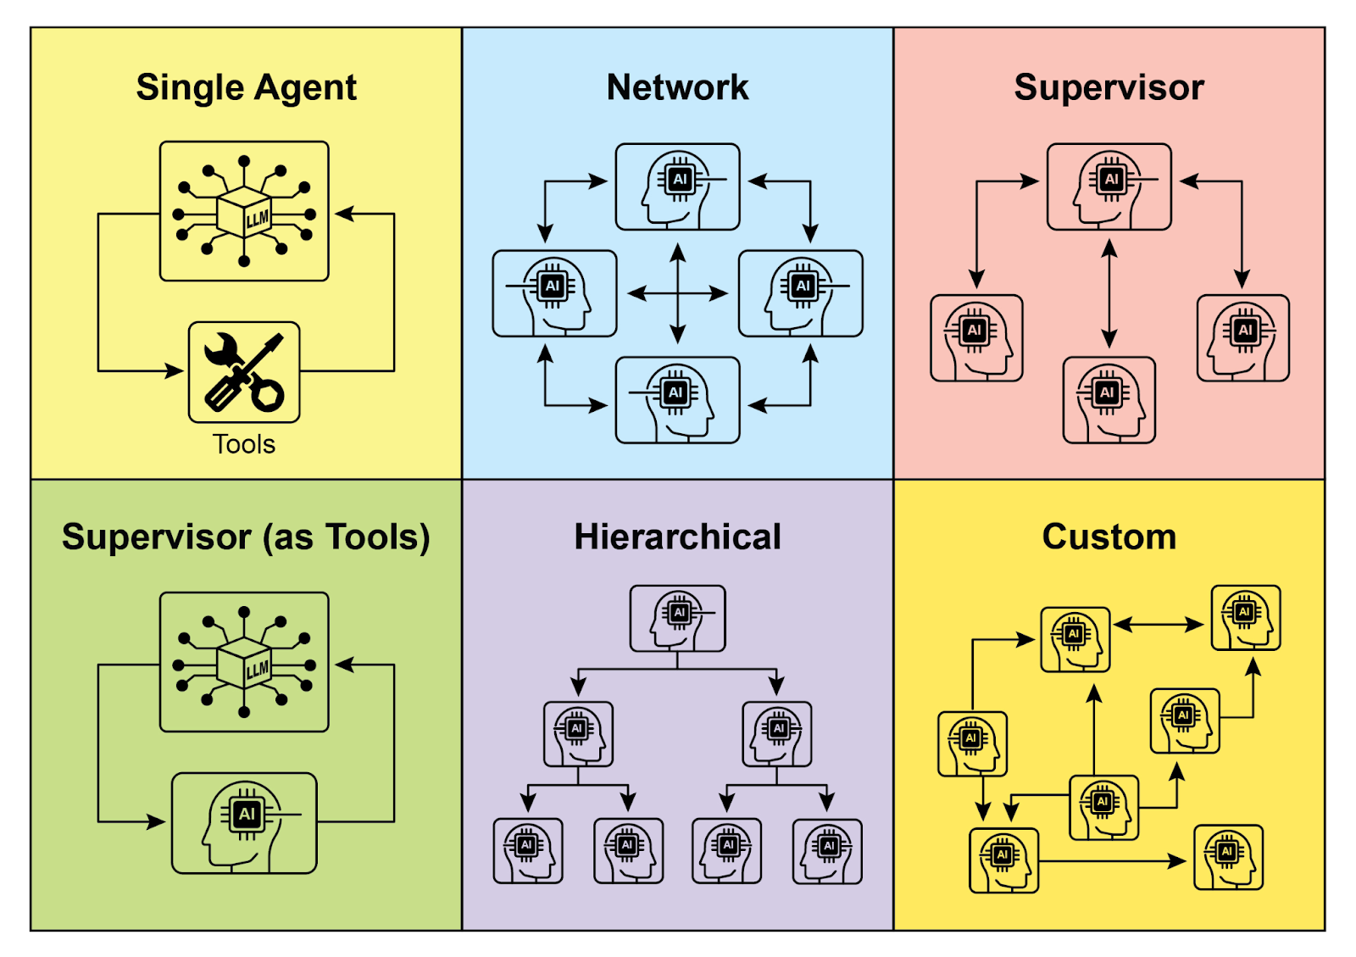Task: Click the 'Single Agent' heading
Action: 246,87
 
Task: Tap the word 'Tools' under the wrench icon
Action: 244,444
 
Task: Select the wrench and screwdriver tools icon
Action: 244,372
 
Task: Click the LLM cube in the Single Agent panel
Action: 244,212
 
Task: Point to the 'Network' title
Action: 677,87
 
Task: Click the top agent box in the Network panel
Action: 677,186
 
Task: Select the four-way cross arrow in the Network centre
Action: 677,293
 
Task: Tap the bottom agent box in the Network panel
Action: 677,400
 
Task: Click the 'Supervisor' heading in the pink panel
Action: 1109,87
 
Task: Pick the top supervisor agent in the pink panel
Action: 1109,186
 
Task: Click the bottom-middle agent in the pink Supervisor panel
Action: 1109,400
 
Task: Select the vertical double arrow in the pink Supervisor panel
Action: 1109,293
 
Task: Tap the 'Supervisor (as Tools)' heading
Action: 246,537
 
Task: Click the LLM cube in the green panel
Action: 244,662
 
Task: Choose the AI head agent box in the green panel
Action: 244,822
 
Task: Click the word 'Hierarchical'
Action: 677,537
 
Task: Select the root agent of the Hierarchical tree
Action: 677,618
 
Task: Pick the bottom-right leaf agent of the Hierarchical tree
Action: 827,851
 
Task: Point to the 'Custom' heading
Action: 1109,537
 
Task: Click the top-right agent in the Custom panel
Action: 1245,618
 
